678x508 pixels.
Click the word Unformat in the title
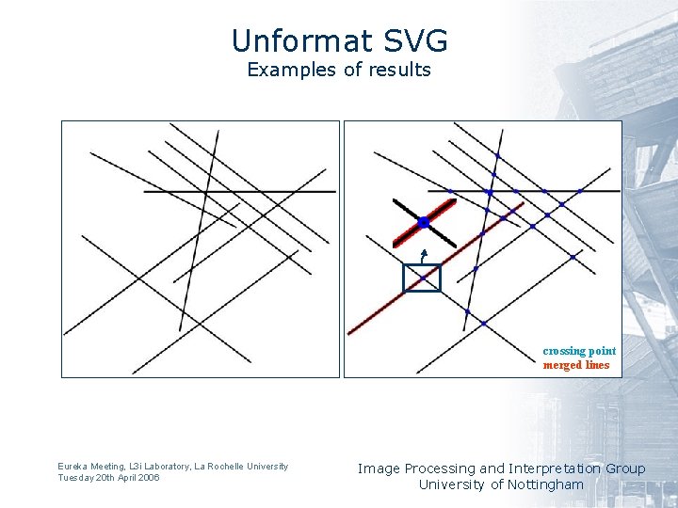[x=291, y=41]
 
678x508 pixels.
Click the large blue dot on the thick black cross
[x=424, y=222]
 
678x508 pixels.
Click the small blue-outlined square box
[x=422, y=278]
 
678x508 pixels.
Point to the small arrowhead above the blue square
[x=425, y=252]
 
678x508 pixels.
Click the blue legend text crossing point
[x=579, y=351]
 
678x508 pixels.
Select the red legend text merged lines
[x=576, y=365]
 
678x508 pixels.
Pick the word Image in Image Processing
[x=378, y=468]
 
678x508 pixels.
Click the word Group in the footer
[x=625, y=468]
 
